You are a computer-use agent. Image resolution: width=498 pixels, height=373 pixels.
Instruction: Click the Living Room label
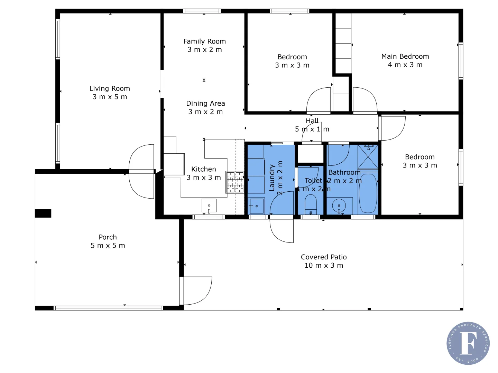(110, 88)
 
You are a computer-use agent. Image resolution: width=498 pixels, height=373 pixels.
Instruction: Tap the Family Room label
(204, 41)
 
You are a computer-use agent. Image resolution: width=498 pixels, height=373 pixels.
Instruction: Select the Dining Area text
(205, 103)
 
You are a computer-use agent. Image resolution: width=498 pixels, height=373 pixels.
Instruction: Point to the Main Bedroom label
(405, 56)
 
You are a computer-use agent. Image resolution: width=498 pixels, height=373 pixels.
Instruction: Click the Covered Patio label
(324, 257)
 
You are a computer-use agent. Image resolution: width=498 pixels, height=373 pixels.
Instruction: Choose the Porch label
(108, 237)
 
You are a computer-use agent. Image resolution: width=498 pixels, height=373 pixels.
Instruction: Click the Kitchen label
(203, 169)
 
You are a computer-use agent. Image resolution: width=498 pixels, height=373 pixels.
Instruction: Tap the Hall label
(312, 121)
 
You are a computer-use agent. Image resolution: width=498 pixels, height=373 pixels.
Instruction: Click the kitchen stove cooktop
(235, 182)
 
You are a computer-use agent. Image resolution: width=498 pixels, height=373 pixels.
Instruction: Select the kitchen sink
(209, 206)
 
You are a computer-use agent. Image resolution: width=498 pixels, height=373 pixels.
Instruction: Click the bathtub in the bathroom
(368, 193)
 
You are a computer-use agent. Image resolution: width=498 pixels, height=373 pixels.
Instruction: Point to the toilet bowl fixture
(311, 204)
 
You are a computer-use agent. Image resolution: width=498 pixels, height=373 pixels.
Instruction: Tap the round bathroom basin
(339, 206)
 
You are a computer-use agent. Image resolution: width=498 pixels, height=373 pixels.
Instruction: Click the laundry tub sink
(256, 206)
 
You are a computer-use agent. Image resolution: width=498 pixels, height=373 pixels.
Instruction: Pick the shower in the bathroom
(368, 156)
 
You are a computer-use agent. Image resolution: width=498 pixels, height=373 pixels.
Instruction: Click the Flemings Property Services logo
(468, 343)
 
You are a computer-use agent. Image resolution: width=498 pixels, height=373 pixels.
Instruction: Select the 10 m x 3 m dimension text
(324, 266)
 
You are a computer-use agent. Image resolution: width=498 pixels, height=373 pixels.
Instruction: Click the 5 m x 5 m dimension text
(108, 246)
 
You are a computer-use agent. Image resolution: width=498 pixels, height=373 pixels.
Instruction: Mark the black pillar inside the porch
(43, 213)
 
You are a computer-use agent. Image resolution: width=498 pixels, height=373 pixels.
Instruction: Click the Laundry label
(272, 178)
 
